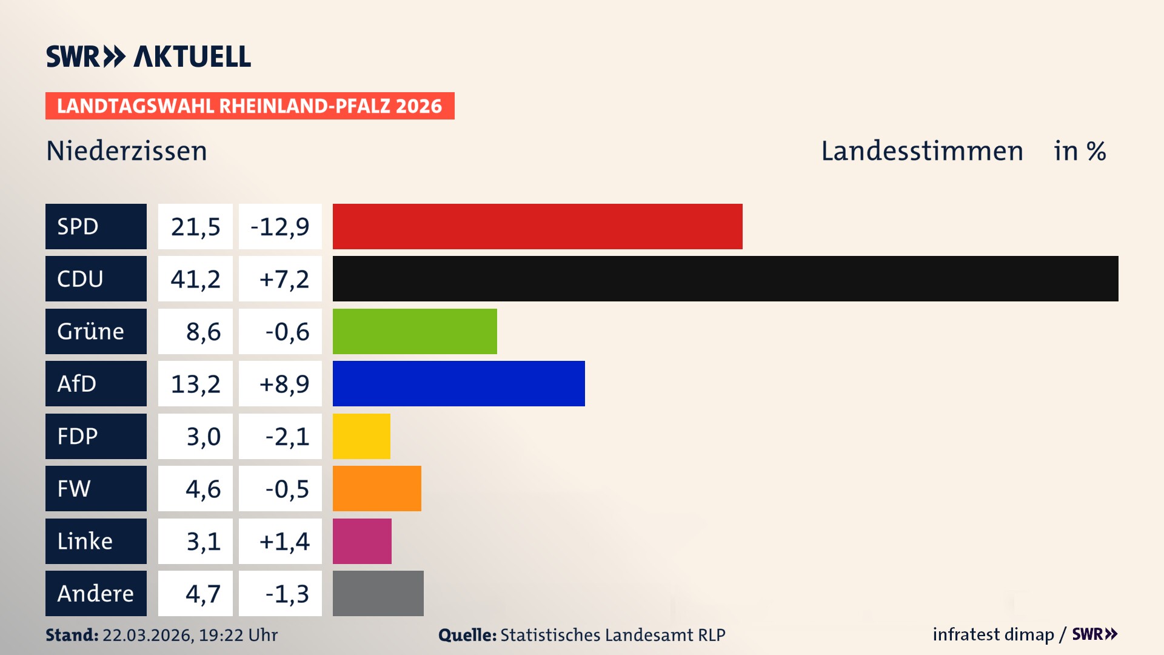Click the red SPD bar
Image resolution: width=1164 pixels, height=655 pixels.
click(537, 226)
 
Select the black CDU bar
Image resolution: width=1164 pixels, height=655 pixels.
click(725, 278)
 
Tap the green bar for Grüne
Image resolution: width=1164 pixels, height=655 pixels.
click(415, 331)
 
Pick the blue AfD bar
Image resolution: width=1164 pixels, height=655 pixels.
click(458, 383)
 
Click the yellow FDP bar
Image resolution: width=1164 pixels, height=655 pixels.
click(361, 436)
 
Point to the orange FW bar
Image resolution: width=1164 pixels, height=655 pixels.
click(376, 488)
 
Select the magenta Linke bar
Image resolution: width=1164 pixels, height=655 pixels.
click(362, 541)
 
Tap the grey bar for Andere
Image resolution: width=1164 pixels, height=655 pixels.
click(378, 593)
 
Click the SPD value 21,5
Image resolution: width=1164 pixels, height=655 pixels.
click(195, 226)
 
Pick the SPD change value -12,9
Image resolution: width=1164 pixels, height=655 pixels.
click(280, 226)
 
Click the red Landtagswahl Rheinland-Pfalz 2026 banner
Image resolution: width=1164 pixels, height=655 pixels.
click(249, 106)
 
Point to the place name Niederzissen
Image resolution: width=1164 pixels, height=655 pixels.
click(126, 151)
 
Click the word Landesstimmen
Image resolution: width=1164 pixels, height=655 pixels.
click(921, 151)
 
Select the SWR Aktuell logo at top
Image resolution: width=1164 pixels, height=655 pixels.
click(148, 56)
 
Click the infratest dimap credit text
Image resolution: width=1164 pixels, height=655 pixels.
click(992, 634)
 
